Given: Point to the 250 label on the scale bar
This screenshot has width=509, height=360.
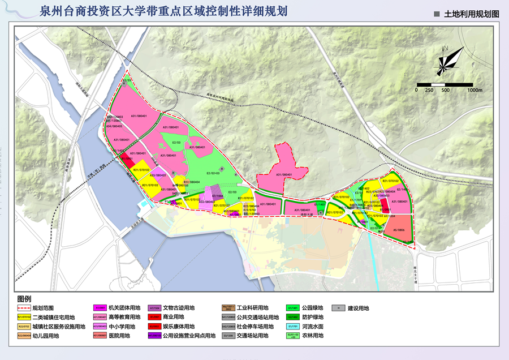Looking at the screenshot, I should (x=429, y=90).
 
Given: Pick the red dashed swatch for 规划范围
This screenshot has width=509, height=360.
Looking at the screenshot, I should (x=24, y=308).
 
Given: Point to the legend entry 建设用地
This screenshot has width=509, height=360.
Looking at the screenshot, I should (x=358, y=308).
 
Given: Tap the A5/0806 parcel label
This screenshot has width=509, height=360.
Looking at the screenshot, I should (x=396, y=230).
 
